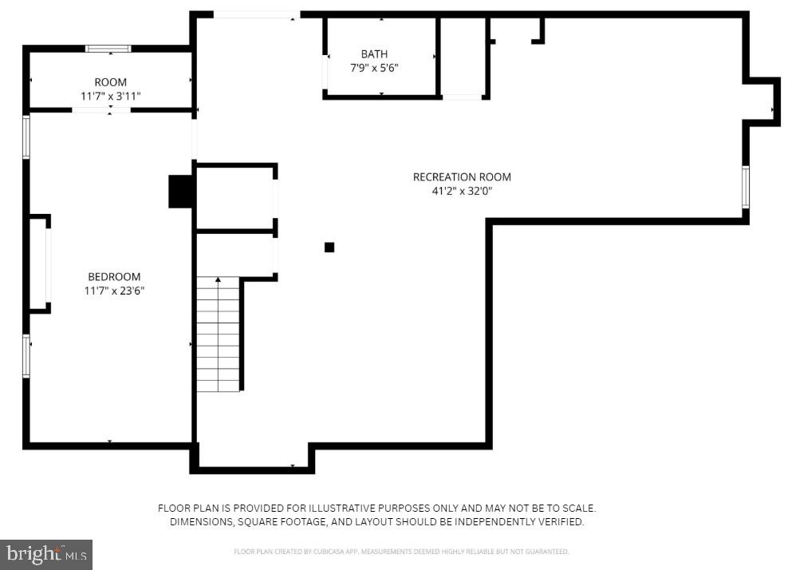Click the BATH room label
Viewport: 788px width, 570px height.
374,54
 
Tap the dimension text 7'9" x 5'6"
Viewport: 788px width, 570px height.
374,68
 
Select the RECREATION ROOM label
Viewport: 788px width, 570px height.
462,177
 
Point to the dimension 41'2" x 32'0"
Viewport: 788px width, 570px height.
462,191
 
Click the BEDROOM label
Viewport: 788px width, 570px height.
114,277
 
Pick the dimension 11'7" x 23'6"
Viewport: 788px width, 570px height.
114,291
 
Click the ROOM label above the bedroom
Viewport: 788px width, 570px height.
110,82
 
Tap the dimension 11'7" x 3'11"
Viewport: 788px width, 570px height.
110,96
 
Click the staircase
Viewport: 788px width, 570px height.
218,335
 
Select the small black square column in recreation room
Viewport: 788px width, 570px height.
329,247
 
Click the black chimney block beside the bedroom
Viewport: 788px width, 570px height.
181,192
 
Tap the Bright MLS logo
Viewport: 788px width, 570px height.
46,554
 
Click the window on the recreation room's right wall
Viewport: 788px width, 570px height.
746,188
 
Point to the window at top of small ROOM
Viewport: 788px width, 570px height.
108,49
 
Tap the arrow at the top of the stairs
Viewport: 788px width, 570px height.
218,280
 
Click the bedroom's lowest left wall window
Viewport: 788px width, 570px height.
26,355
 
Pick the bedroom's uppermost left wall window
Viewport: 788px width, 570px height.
26,137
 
